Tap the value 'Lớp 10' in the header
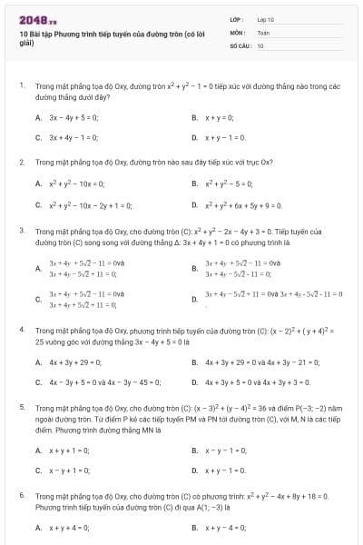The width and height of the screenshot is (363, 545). tap(265, 19)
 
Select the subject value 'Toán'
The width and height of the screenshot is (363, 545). tap(263, 32)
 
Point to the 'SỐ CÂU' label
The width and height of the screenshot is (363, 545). tap(240, 45)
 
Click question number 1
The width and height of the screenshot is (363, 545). tap(21, 84)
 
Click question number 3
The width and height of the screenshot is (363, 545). tap(21, 231)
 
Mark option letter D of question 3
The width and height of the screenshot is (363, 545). tap(193, 297)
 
